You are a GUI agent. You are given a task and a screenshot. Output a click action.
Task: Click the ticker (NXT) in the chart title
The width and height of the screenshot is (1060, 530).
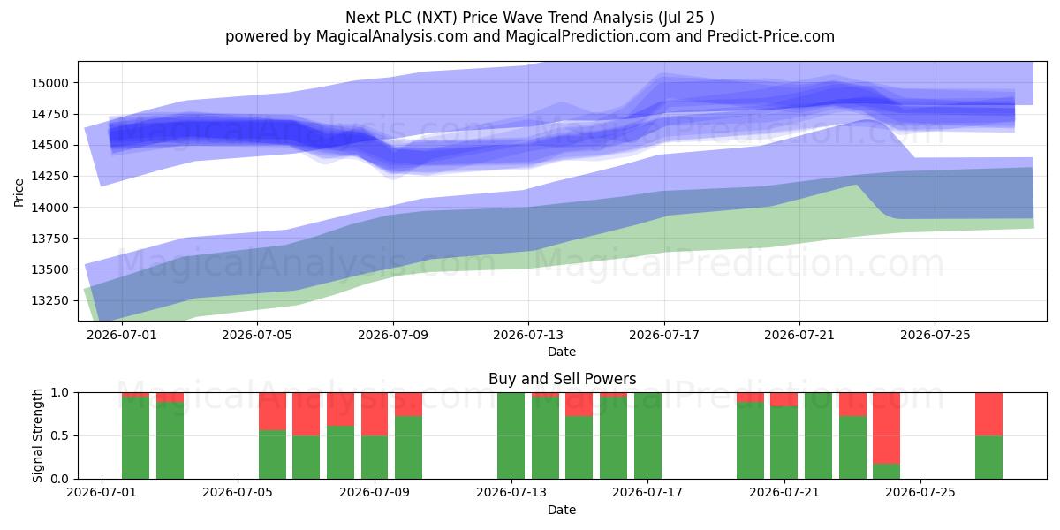tap(435, 18)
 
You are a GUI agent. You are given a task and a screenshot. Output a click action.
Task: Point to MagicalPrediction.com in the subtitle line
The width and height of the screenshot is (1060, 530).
tap(587, 36)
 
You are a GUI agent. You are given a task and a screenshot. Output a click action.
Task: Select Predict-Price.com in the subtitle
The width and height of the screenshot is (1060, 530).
tap(771, 36)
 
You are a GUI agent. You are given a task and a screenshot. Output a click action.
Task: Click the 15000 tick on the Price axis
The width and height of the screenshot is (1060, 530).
tap(49, 83)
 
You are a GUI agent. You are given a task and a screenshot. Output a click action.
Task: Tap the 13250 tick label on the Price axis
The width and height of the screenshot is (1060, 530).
tap(49, 300)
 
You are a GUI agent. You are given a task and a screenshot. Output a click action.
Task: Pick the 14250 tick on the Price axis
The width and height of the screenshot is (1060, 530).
tap(49, 176)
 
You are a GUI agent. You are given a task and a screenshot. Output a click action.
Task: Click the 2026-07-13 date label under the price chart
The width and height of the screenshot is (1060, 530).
tap(528, 335)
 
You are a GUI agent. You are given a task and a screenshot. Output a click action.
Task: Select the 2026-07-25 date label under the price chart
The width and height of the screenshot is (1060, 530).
tap(935, 335)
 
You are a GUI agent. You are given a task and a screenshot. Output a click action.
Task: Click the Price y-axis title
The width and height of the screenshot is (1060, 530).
tap(19, 193)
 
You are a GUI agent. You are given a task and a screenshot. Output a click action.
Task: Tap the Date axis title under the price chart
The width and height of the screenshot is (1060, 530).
tap(562, 352)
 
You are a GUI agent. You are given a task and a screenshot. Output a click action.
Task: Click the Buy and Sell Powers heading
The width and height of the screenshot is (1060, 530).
tap(562, 379)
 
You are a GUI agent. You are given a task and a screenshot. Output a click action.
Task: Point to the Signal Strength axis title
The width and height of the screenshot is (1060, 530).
tap(37, 435)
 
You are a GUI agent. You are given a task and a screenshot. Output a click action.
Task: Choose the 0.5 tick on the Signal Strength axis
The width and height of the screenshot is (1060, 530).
tap(59, 435)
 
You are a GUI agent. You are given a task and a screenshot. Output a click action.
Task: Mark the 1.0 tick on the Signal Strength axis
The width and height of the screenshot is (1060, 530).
tap(59, 393)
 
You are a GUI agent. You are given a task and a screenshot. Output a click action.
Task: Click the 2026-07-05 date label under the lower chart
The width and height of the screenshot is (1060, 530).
tap(238, 492)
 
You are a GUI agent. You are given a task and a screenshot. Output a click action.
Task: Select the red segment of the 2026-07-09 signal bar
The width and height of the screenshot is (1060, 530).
tap(375, 414)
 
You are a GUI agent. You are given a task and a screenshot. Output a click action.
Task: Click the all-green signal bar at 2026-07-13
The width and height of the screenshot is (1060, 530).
tap(511, 435)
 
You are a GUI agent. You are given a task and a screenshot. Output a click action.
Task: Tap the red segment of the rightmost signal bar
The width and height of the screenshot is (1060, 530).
tap(989, 414)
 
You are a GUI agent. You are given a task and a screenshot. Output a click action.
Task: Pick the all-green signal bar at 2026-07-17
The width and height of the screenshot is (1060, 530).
tap(647, 435)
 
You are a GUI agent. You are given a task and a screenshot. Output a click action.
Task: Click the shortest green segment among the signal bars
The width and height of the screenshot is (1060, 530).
tap(886, 472)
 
